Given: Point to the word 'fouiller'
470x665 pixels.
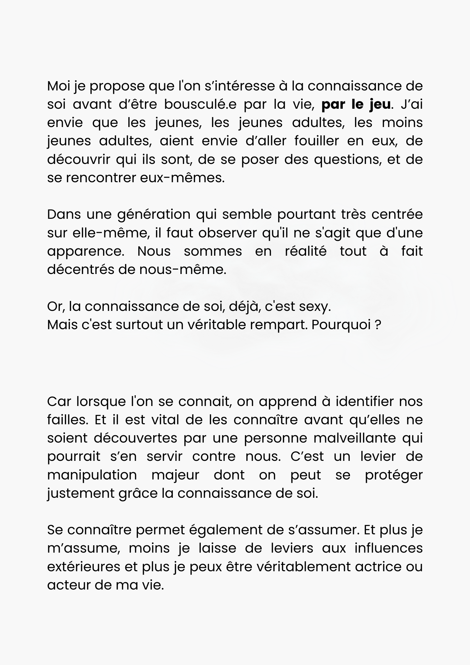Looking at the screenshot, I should pos(316,141).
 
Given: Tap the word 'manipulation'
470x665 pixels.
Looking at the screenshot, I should pos(92,475).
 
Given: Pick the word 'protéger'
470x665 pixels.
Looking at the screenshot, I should pos(394,475).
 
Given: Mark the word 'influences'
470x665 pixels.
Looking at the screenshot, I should pos(389,548).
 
